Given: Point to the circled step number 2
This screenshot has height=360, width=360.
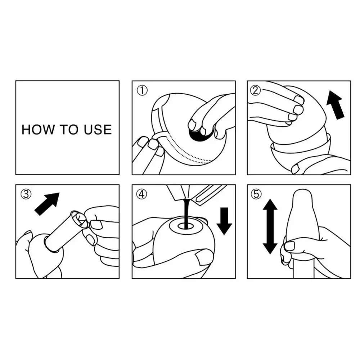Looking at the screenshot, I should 255,90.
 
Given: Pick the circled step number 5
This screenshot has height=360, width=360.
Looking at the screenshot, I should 255,194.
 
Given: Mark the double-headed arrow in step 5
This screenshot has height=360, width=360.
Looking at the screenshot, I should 270,226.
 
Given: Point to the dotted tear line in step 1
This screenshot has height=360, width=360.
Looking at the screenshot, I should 191,151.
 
